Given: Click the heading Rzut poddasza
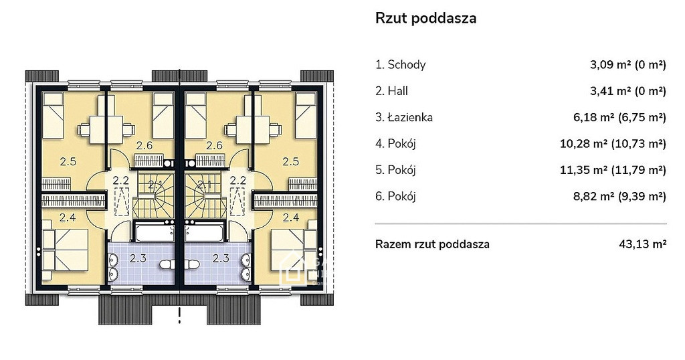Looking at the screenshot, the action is [x=425, y=18].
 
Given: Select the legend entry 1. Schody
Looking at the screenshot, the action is [x=400, y=65].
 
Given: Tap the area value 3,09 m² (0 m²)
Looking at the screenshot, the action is [x=627, y=65].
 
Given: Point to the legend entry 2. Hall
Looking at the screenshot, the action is [x=391, y=91].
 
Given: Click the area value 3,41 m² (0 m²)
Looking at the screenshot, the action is [x=627, y=91].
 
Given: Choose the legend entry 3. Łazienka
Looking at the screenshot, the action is [x=404, y=117].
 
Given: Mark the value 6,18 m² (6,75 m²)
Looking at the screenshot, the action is [x=619, y=117].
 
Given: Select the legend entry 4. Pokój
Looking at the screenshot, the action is [x=395, y=143].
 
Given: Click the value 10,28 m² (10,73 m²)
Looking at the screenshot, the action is [x=613, y=143].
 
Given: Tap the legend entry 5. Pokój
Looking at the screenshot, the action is [x=395, y=169].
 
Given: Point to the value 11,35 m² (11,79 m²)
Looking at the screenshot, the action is [x=613, y=169].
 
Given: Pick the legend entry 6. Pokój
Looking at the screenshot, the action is [x=395, y=196].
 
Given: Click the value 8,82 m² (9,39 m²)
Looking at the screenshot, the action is [x=619, y=196].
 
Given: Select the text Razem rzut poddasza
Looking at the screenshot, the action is [x=432, y=244].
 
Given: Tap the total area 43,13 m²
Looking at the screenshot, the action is [x=643, y=244].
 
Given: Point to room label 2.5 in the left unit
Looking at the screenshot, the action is [x=68, y=162].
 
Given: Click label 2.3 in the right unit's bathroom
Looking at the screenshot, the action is [x=221, y=258].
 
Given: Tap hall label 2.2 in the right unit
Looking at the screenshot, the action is [x=238, y=180].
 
